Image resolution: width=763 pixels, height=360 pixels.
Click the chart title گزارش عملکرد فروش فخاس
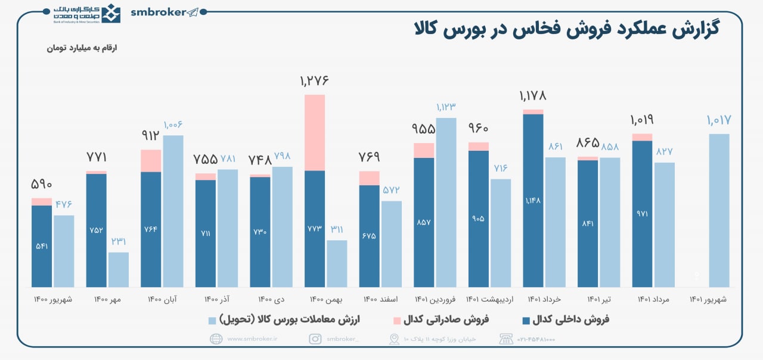coord(566,29)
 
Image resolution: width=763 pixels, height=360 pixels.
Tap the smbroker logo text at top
coord(158,13)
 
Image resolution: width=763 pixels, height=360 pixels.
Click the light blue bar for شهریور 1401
coord(719,210)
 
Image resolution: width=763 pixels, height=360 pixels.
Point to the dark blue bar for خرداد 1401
coord(533,200)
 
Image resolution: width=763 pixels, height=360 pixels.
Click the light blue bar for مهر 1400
coord(118,269)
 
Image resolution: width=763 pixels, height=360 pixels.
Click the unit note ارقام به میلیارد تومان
coord(82,48)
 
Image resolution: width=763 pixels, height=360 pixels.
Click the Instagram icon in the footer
coord(315,339)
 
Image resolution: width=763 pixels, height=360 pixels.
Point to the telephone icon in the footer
coord(506,339)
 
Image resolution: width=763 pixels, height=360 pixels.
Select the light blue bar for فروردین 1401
coord(446,203)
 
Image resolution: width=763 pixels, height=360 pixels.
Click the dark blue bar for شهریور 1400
coord(42,246)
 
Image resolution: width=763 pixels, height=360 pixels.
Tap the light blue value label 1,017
coord(718,120)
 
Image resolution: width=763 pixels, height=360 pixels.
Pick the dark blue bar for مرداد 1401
coord(642,213)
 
